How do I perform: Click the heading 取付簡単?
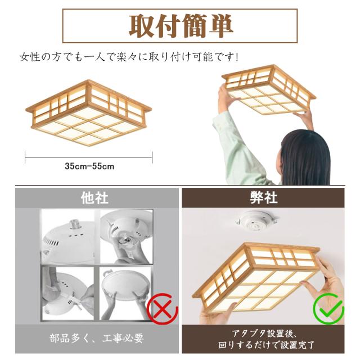[x=181, y=26]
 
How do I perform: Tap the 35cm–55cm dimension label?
[x=89, y=166]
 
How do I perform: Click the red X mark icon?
[x=163, y=309]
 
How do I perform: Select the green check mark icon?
[x=328, y=309]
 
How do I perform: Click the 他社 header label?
[x=94, y=198]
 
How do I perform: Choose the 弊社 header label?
[x=264, y=197]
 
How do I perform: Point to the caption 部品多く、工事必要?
[x=97, y=339]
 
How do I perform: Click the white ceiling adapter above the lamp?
[x=256, y=220]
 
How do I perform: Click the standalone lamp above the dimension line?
[x=89, y=112]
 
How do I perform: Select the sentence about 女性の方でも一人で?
[x=129, y=57]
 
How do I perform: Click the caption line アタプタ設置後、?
[x=264, y=334]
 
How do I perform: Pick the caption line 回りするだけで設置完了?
[x=266, y=345]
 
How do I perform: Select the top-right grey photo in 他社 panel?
[x=126, y=236]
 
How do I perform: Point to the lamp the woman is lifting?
[x=269, y=89]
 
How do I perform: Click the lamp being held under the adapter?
[x=256, y=278]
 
